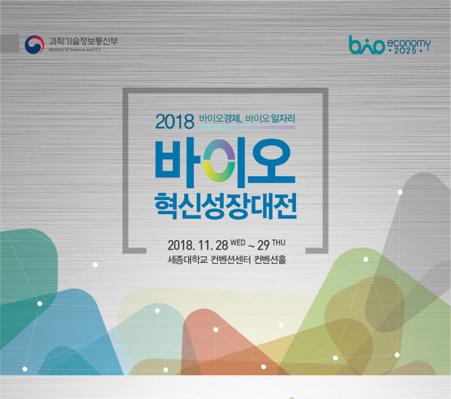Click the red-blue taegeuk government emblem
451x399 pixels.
click(34, 45)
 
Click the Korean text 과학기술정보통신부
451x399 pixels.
click(83, 41)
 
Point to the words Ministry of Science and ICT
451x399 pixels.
click(75, 50)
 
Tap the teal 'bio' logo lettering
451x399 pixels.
click(366, 45)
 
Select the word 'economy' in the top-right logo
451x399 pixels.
click(409, 44)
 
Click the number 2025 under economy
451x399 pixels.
click(405, 51)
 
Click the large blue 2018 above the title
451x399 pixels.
click(175, 122)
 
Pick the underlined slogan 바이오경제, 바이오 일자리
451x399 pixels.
click(247, 118)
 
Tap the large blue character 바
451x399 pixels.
click(178, 162)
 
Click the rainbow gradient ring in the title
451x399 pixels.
click(219, 161)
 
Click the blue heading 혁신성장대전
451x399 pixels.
click(225, 206)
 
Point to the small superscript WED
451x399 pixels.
click(238, 243)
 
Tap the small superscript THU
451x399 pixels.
click(278, 243)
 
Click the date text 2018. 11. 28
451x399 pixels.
click(198, 245)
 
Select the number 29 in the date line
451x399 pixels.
click(263, 246)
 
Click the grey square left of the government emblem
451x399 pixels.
click(10, 44)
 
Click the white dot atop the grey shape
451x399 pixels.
click(400, 192)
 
